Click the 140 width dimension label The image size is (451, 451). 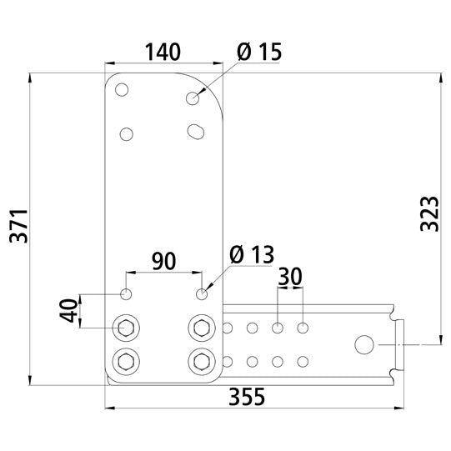coord(163,52)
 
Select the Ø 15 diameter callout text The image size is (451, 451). coord(258,52)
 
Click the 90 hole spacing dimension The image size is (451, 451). coord(163,261)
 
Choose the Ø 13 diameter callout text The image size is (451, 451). coord(250,256)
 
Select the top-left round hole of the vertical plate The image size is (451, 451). coord(123,90)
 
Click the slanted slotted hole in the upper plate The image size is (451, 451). coord(197,131)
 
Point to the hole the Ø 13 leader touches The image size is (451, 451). coord(201,293)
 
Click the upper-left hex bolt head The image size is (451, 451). coord(126,327)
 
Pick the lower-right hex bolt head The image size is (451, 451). coord(201,361)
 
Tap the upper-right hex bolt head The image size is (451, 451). coord(201,327)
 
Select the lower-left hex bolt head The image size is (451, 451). coord(126,361)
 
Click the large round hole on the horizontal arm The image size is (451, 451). coord(364,343)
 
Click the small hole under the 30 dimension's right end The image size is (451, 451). coord(303,326)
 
